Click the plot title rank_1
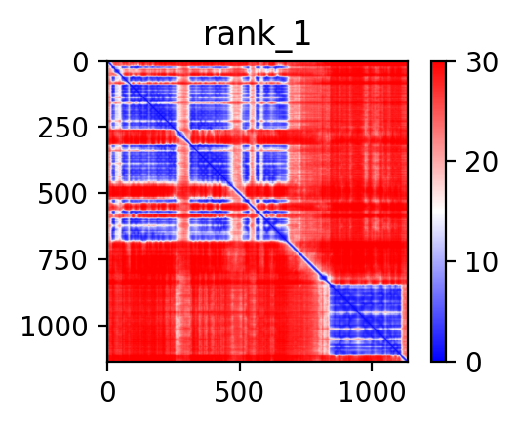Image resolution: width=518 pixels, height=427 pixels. point(258,35)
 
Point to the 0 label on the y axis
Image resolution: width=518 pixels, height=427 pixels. point(81,62)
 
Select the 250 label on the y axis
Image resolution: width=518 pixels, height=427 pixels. point(62,129)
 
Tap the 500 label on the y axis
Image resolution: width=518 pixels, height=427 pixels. point(62,195)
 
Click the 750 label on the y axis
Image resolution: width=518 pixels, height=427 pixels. point(62,261)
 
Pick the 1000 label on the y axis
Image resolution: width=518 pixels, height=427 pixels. point(55,327)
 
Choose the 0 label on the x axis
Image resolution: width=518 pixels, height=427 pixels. point(107,392)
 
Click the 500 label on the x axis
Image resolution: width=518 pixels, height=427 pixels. point(239,392)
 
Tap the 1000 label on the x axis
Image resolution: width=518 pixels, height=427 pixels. point(372,392)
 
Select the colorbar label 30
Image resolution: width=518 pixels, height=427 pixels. point(481,62)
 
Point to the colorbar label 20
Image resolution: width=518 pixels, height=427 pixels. point(481,162)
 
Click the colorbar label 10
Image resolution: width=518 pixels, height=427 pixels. point(481,262)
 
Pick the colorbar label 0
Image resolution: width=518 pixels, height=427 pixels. point(474,363)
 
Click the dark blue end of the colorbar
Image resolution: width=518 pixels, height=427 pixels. point(438,359)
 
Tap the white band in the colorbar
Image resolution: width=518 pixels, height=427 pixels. point(438,212)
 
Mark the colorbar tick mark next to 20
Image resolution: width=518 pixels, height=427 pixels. point(451,161)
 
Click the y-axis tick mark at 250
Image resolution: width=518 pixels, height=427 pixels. point(102,127)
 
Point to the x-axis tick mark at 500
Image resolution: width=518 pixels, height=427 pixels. point(240,367)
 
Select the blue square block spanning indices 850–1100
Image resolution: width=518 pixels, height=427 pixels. point(366,320)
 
